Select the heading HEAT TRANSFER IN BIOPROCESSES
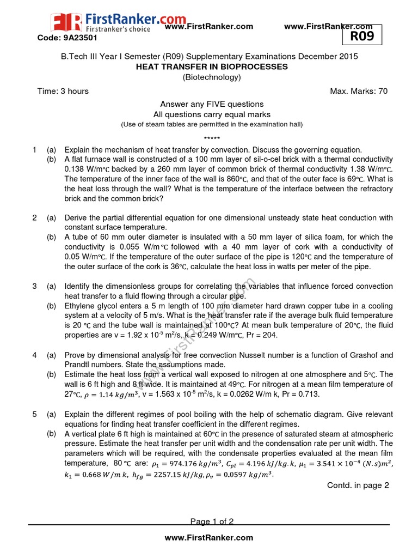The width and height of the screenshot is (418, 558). pyautogui.click(x=212, y=66)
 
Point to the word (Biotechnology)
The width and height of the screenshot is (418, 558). pyautogui.click(x=212, y=77)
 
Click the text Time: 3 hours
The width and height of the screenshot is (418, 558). pyautogui.click(x=63, y=91)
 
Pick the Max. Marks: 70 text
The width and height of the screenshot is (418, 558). pyautogui.click(x=359, y=91)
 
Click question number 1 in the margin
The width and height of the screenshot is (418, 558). pyautogui.click(x=34, y=150)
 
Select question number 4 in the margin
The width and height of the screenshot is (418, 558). pyautogui.click(x=34, y=355)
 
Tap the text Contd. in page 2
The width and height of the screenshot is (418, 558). pyautogui.click(x=358, y=486)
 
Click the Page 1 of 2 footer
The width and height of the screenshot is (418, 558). pyautogui.click(x=212, y=521)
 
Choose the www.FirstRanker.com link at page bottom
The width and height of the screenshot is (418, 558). pyautogui.click(x=208, y=537)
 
